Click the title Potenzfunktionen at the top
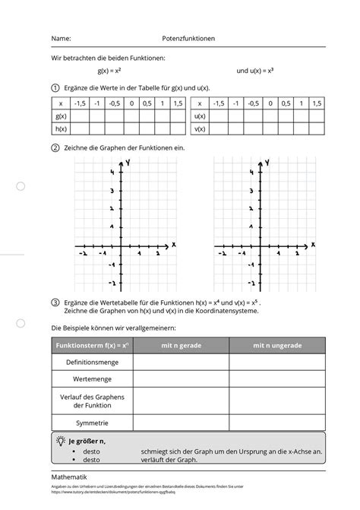(190, 37)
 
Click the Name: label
(62, 37)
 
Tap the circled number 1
(55, 88)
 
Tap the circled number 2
(55, 148)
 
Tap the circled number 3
(55, 302)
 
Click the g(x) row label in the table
(62, 116)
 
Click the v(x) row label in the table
(201, 129)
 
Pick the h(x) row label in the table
(62, 129)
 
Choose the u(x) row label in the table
(201, 116)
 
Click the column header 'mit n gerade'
(181, 346)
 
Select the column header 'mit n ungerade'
(277, 346)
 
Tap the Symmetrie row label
(92, 423)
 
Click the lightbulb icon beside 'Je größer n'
(60, 441)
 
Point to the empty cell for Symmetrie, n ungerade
(277, 423)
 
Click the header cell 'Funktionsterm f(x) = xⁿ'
(92, 346)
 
